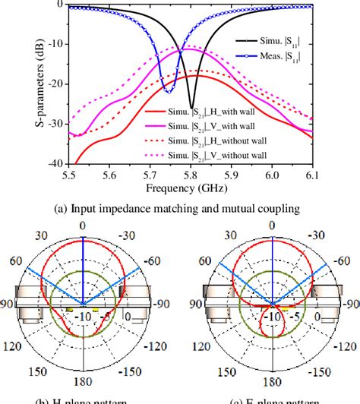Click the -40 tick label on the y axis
pyautogui.click(x=53, y=163)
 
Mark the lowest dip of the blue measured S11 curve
pyautogui.click(x=169, y=90)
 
